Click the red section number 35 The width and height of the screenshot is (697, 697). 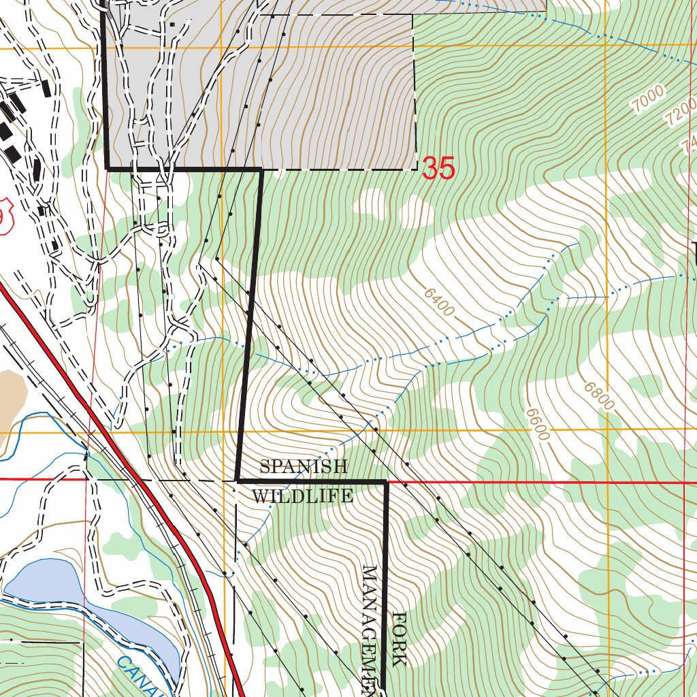coord(438,168)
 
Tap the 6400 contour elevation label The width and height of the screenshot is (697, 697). coord(439,302)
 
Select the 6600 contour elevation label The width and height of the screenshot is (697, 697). coord(537,423)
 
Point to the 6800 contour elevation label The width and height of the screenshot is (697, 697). coord(599,396)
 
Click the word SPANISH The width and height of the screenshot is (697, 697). coord(304,467)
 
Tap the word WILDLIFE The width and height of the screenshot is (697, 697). coord(302,496)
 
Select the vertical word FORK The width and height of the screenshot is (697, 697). coord(400,639)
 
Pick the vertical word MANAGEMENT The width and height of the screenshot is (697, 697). coord(371,626)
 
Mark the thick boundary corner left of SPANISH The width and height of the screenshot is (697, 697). coord(237,481)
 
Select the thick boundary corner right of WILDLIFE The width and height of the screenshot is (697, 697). coord(385,482)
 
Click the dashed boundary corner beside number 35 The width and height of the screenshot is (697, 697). coord(416,168)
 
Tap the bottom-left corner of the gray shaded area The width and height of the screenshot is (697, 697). coord(108,167)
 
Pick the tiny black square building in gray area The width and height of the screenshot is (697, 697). coord(172,25)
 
